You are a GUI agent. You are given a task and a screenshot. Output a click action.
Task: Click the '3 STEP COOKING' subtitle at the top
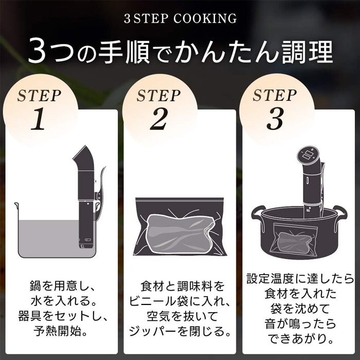pos(180,19)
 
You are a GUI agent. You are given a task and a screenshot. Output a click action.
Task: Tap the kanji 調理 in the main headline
pos(308,51)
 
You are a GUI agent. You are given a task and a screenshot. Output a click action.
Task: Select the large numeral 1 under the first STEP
pos(38,119)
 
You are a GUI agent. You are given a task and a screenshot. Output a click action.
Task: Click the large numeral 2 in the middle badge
pos(159,119)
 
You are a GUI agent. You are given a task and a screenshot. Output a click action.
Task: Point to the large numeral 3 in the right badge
pos(275,119)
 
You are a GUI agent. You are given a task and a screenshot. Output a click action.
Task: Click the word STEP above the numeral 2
pos(158,96)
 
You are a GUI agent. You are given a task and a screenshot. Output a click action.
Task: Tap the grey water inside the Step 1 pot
pos(49,238)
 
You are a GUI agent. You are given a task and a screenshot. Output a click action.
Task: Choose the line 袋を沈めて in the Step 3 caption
pos(300,309)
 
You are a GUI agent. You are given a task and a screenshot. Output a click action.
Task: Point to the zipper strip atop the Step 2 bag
pos(179,200)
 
